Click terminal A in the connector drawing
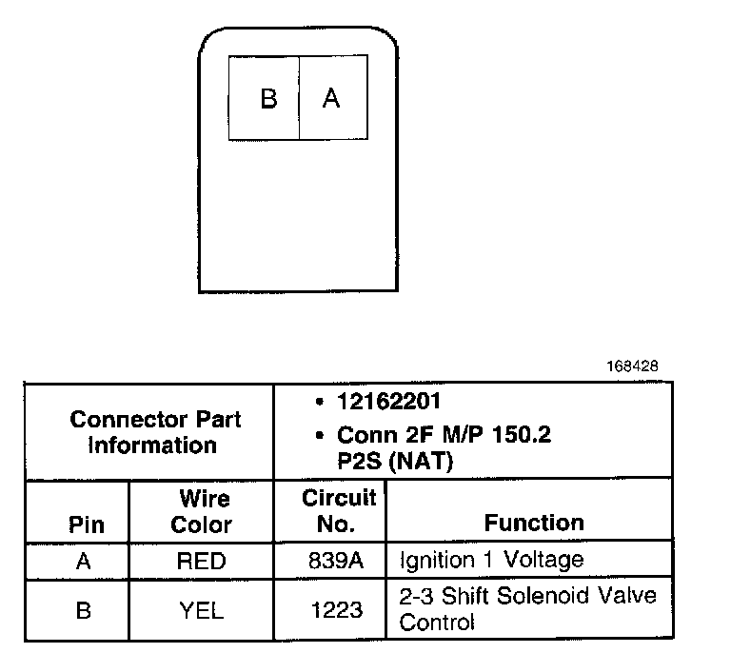(x=333, y=98)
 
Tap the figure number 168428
(x=633, y=366)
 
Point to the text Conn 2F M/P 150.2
(x=445, y=436)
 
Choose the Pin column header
(x=87, y=524)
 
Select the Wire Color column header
(x=201, y=511)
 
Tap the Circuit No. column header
(x=339, y=511)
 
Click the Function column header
(x=534, y=523)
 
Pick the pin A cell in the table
(x=83, y=562)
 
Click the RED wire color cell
(x=201, y=562)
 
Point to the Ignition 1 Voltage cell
(x=491, y=560)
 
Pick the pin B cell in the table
(x=83, y=610)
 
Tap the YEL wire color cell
(x=201, y=610)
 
